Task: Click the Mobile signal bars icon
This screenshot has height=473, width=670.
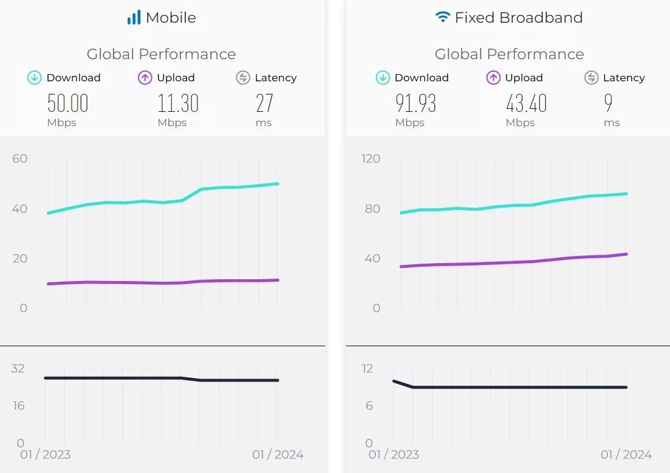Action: tap(133, 17)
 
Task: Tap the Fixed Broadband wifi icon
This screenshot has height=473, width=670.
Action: tap(442, 17)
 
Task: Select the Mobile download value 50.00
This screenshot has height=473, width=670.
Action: tap(68, 103)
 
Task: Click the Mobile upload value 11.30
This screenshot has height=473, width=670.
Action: tap(178, 103)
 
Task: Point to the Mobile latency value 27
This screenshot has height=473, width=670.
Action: tap(264, 103)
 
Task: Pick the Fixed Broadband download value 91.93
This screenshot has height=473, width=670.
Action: tap(415, 103)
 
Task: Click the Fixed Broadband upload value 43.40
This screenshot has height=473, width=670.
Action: tap(526, 103)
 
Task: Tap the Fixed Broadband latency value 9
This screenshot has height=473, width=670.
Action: tap(608, 103)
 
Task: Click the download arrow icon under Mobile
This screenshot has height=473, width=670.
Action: tap(35, 78)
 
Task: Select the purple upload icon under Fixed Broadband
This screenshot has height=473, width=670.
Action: tap(493, 78)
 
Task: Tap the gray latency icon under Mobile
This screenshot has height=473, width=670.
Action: tap(243, 78)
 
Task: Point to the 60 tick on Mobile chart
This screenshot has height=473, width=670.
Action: tap(20, 158)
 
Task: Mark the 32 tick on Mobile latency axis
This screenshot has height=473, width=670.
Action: tap(18, 368)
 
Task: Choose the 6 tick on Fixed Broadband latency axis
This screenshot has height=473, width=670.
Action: tap(369, 406)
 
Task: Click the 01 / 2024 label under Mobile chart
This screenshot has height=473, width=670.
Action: tap(277, 455)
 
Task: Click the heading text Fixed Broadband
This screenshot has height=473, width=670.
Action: tap(518, 17)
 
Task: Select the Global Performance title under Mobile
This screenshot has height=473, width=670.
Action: tap(161, 54)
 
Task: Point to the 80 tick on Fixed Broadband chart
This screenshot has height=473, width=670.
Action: tap(372, 209)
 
